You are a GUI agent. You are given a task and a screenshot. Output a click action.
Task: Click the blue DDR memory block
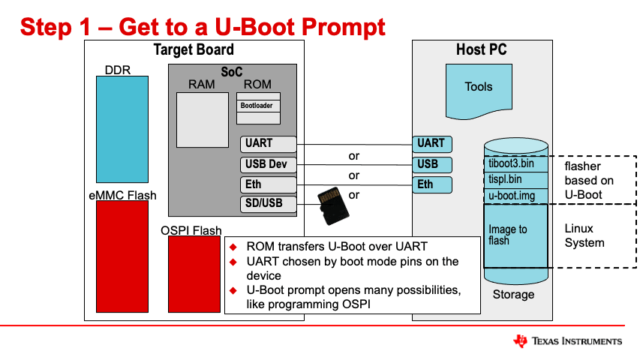pyautogui.click(x=122, y=130)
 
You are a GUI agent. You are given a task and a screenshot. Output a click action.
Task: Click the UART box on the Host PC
pyautogui.click(x=432, y=143)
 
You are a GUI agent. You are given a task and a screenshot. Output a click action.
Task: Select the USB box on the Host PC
pyautogui.click(x=432, y=164)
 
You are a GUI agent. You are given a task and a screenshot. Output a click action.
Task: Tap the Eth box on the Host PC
pyautogui.click(x=432, y=184)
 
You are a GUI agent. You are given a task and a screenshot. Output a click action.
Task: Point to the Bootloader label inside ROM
pyautogui.click(x=257, y=106)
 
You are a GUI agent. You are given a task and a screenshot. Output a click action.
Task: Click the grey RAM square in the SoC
pyautogui.click(x=201, y=120)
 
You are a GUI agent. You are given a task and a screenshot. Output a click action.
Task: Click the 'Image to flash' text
pyautogui.click(x=508, y=235)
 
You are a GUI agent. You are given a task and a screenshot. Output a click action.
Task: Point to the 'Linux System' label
pyautogui.click(x=584, y=235)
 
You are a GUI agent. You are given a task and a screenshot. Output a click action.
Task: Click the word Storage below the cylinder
pyautogui.click(x=513, y=294)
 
